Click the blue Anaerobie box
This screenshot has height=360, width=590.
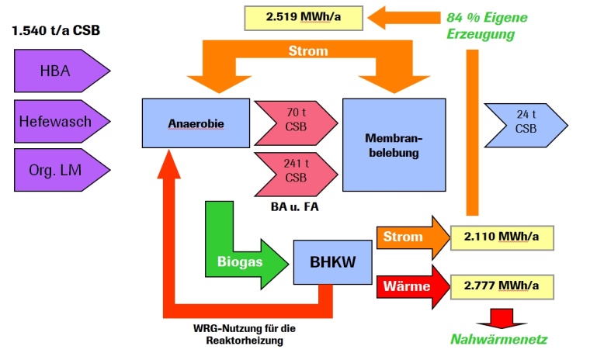(196, 123)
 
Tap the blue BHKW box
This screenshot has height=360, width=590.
(333, 262)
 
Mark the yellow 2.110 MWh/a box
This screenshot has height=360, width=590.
(503, 237)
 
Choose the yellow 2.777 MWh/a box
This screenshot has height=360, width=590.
(503, 286)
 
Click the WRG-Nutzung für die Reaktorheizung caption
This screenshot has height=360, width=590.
(245, 334)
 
